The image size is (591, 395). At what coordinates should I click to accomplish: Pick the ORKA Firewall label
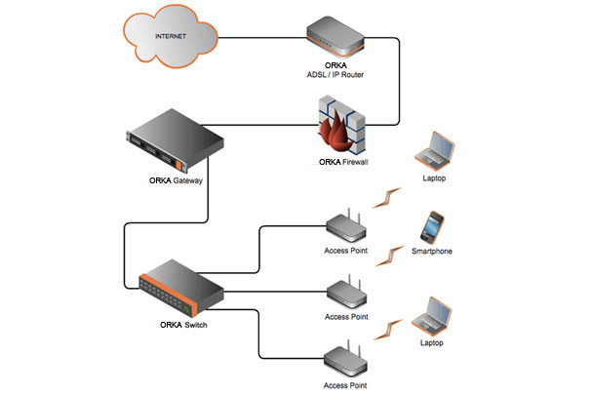340,163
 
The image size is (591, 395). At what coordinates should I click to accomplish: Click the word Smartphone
431,253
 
